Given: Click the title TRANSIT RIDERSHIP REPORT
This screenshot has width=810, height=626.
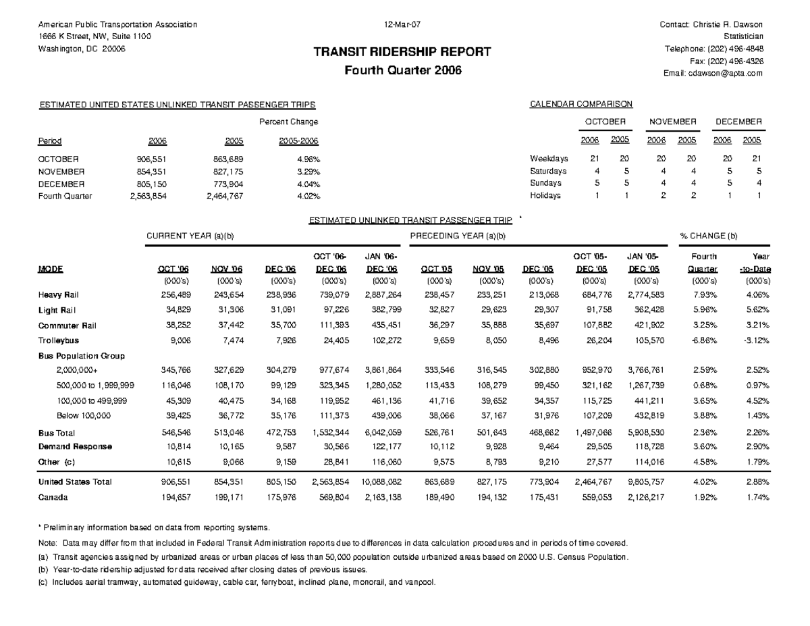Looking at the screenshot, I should pos(404,53).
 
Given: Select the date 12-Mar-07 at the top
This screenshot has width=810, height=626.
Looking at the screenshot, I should pos(403,25).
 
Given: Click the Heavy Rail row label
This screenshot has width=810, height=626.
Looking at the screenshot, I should pos(58,295).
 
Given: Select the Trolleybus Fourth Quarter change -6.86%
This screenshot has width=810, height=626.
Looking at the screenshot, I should pos(704,341).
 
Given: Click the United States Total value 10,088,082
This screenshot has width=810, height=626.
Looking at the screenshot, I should pos(382,482).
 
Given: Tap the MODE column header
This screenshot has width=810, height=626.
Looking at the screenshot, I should pos(51,269).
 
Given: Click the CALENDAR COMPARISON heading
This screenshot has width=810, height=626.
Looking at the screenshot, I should pos(581,104).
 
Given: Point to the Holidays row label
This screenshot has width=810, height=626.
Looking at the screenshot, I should pos(545,196).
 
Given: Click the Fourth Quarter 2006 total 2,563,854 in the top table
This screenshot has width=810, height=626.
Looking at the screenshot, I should pos(150,197).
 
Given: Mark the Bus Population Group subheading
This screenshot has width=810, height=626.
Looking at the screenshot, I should pos(82,355).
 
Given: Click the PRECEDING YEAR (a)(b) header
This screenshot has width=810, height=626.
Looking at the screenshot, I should pos(458,236).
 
